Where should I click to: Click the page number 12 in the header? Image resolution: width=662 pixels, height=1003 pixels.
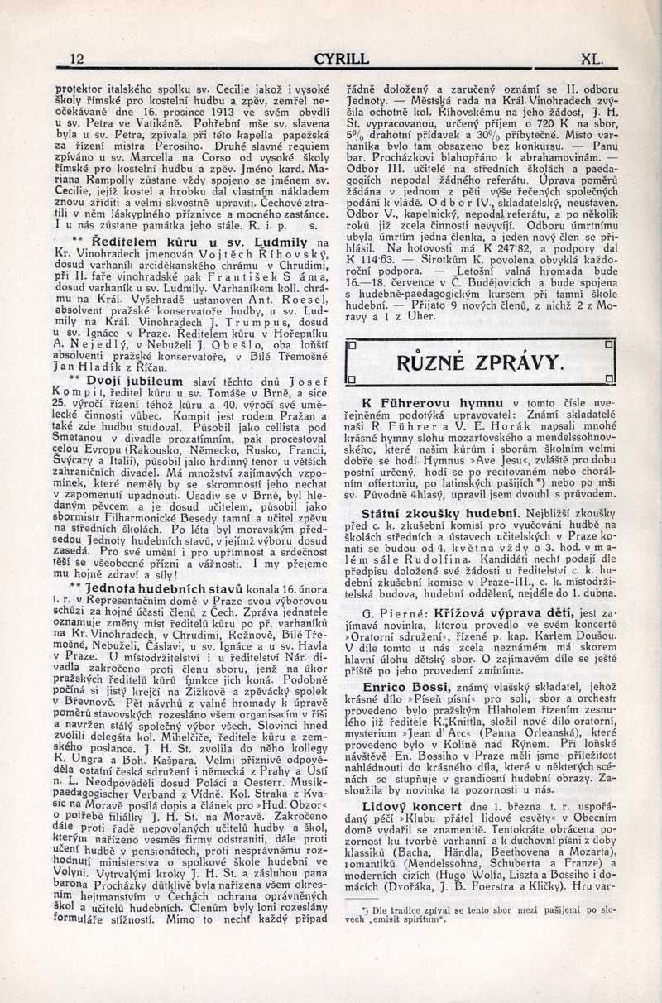[x=78, y=59]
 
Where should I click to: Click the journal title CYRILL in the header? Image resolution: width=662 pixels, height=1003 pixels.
[x=341, y=59]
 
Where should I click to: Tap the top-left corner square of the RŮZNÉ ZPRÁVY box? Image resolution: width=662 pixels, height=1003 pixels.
[x=350, y=344]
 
